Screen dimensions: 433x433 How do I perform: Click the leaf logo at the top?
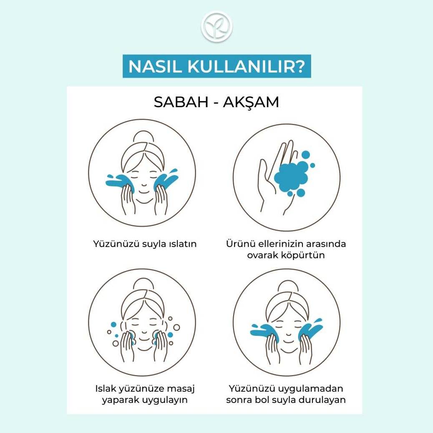click(x=217, y=27)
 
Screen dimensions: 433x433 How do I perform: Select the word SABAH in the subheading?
click(x=181, y=102)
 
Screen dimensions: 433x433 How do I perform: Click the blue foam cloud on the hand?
click(x=291, y=177)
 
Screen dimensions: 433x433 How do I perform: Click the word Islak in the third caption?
click(x=106, y=389)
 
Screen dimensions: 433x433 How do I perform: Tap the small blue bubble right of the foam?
click(x=312, y=166)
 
